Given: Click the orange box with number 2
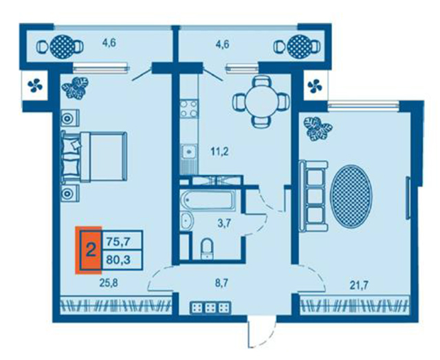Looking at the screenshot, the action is (89, 250).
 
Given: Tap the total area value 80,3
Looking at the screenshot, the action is (118, 260).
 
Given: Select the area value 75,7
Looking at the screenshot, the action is (118, 241).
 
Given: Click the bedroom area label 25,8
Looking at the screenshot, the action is (109, 283).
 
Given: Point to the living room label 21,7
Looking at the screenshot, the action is (359, 286).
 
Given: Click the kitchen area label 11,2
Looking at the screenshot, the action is (220, 152).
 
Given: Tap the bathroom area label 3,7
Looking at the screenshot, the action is (224, 223).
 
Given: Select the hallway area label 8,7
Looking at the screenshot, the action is (221, 283).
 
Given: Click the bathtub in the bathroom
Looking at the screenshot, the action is (208, 200).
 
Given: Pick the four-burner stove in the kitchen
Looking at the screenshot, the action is (188, 109).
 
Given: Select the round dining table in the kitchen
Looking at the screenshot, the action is (261, 102).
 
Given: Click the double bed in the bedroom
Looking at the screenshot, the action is (95, 157).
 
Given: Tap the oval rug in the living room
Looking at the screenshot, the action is (351, 196).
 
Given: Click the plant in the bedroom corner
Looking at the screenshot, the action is (75, 88).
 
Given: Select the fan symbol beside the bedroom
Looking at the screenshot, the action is (35, 85).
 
